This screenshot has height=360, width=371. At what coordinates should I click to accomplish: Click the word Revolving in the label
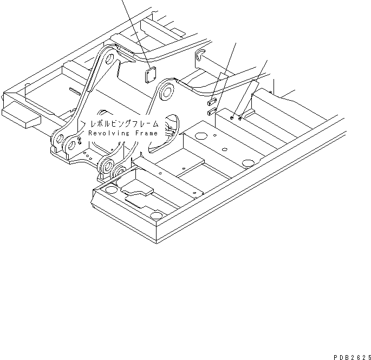(107, 133)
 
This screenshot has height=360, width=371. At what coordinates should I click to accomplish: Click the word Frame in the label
(145, 133)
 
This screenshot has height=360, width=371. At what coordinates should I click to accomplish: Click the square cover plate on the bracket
(153, 75)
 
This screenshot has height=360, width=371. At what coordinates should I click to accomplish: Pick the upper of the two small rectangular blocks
(213, 101)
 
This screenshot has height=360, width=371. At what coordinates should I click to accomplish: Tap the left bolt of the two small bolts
(231, 116)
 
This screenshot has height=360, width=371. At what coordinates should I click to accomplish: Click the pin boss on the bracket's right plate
(166, 91)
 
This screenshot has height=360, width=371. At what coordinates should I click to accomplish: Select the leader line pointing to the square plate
(136, 32)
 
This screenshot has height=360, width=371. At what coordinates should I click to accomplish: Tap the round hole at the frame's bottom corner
(155, 216)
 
